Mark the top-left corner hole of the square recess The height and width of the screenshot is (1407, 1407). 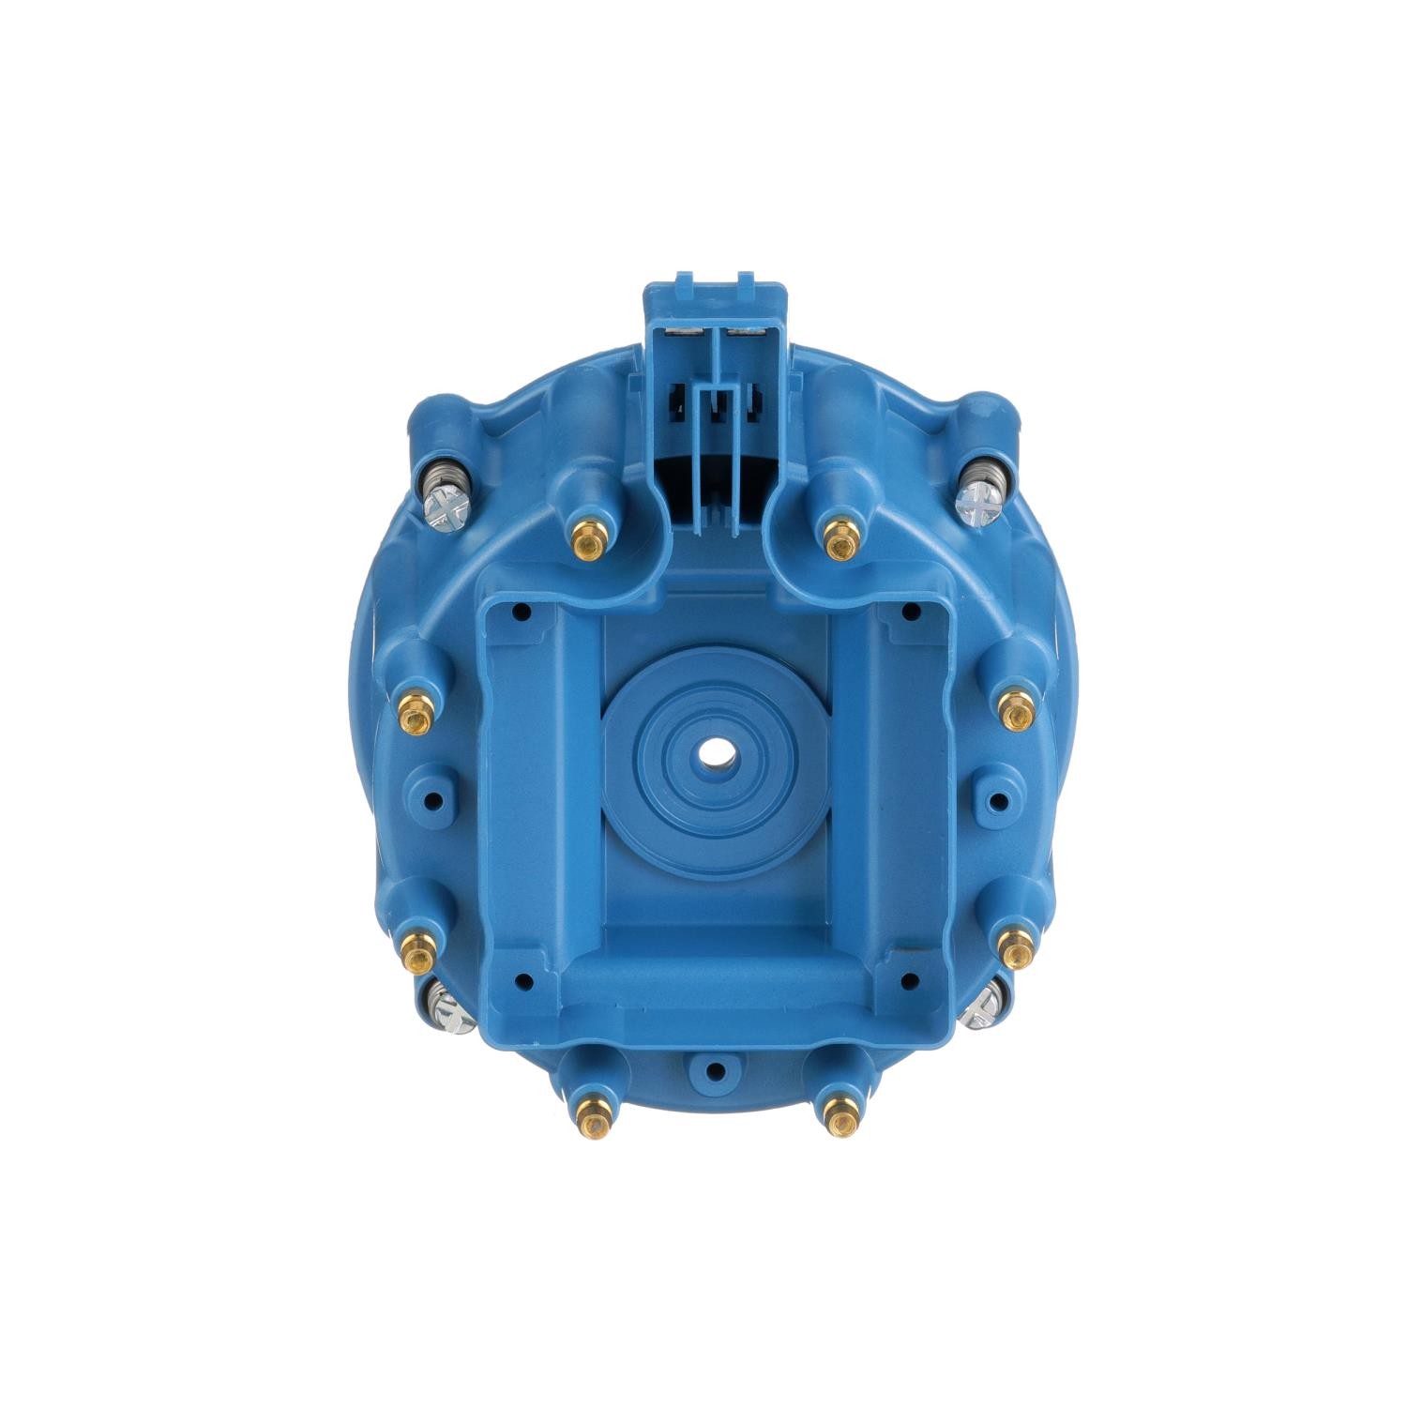pyautogui.click(x=522, y=613)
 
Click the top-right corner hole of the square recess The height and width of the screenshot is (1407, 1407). pyautogui.click(x=908, y=613)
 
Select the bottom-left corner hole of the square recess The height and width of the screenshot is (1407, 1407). pyautogui.click(x=522, y=982)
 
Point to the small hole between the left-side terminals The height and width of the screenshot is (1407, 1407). pyautogui.click(x=432, y=801)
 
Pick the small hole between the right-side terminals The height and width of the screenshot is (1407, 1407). pyautogui.click(x=998, y=801)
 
